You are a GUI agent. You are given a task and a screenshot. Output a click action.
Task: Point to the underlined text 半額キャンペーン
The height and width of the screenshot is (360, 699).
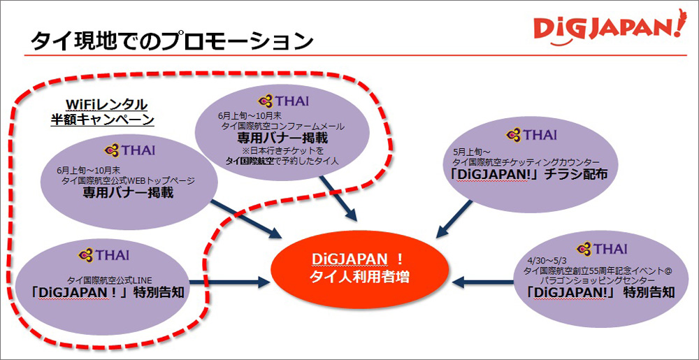(x=102, y=120)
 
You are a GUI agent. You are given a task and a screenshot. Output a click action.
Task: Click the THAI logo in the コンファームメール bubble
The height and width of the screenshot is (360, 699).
(x=283, y=101)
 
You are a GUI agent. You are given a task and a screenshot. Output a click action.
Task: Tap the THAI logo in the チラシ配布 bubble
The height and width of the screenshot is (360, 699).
(x=532, y=134)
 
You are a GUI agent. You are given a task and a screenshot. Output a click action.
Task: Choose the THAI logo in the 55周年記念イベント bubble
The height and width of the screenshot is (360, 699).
(x=601, y=247)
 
